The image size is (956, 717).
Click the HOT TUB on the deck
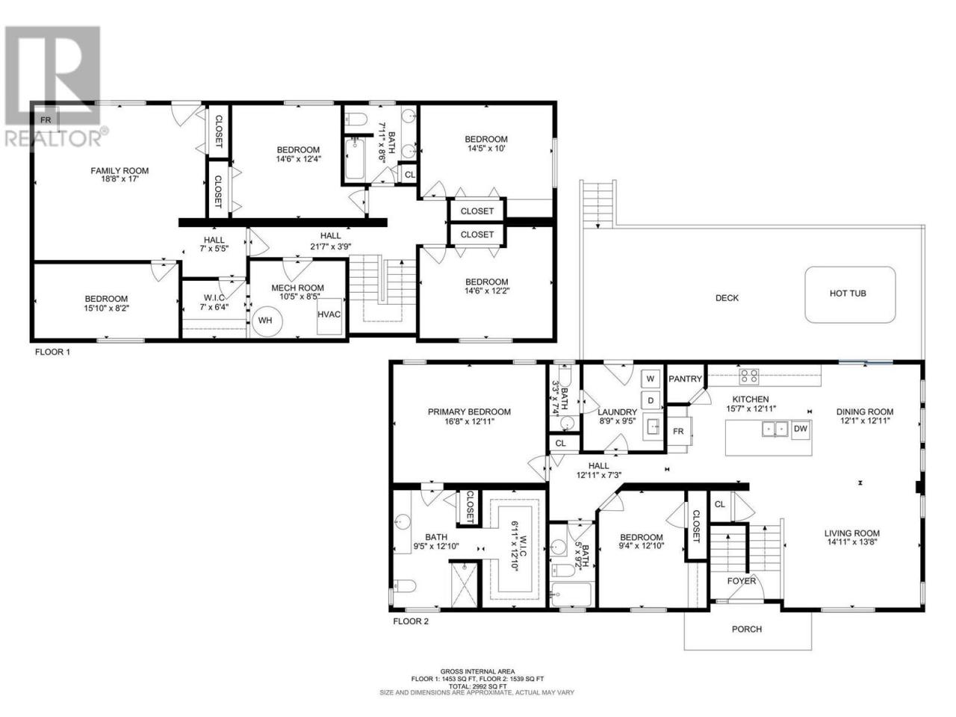tap(849, 295)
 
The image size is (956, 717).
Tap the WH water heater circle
tap(267, 321)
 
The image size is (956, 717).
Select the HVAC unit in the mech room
tap(329, 316)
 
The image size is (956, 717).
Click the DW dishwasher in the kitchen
tap(801, 429)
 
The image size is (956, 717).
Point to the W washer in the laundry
tap(651, 379)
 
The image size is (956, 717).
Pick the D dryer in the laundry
tap(651, 400)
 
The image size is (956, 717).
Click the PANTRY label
tap(685, 379)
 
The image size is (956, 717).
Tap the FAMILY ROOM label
tap(119, 170)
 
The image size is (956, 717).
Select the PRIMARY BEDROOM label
tap(469, 412)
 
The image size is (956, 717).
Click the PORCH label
tap(747, 629)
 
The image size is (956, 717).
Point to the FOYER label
tap(742, 581)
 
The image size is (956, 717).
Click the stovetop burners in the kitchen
tap(749, 376)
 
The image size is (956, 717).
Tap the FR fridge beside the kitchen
tap(678, 432)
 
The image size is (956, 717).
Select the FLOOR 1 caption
tap(52, 352)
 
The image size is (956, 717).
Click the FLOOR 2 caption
tap(411, 621)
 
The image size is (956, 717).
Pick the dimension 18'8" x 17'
tap(119, 179)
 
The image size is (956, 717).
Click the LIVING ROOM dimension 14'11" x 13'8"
tap(852, 542)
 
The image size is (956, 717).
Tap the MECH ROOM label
tap(297, 288)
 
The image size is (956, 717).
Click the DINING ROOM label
tap(865, 412)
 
